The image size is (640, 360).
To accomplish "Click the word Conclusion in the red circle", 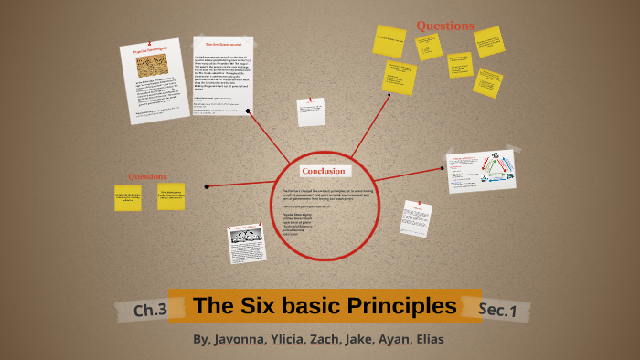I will click(323, 171).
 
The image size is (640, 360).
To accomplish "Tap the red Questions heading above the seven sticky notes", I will click(445, 26).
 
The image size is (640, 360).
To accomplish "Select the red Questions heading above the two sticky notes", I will click(147, 176).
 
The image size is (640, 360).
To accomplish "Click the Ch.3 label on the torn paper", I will click(150, 311).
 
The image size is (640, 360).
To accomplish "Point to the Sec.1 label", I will click(497, 311).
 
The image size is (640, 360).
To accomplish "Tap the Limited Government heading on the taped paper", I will click(221, 44).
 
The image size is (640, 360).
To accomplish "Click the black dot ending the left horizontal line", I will click(208, 186).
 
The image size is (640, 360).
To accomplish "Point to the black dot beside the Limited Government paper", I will click(252, 113).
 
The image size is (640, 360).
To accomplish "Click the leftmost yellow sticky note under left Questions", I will click(128, 197).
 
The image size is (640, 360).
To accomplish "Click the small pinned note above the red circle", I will click(311, 111).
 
